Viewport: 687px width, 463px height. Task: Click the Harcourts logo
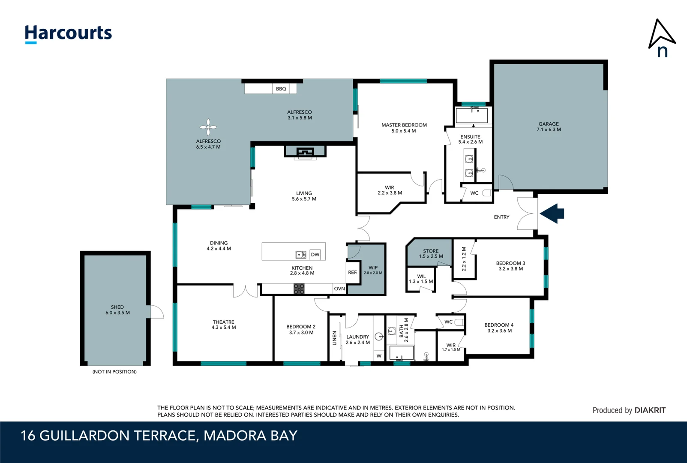pos(68,34)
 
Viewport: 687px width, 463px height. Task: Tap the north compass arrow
pos(662,34)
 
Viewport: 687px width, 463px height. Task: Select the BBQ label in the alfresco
pos(281,89)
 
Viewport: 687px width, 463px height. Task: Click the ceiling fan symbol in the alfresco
pos(208,127)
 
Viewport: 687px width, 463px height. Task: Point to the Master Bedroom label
pos(404,128)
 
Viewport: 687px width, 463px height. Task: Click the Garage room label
pos(549,127)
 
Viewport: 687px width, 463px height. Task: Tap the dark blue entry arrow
pos(552,213)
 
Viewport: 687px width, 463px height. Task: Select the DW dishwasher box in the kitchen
pos(315,254)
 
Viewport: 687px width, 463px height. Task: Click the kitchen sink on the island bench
pos(300,254)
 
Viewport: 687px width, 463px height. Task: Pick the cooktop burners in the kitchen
pos(299,289)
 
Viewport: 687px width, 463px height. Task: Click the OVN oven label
pos(339,289)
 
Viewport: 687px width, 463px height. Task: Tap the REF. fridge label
pos(353,272)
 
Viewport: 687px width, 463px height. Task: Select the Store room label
pos(431,253)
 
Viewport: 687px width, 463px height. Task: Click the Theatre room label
pos(224,325)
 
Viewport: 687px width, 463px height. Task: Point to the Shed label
pos(117,310)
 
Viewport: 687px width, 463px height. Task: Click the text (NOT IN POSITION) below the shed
pos(114,372)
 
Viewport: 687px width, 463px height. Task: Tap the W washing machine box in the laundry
pos(379,356)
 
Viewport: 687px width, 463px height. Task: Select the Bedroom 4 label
pos(499,328)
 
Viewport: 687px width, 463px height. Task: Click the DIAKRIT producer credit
pos(650,410)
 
